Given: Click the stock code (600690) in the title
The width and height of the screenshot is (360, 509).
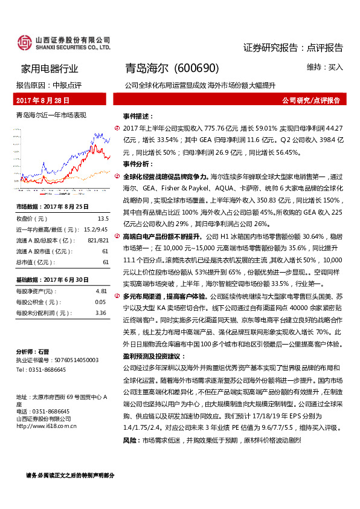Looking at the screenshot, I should click(x=196, y=69).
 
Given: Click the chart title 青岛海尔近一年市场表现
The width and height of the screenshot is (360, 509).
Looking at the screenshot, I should click(x=51, y=114).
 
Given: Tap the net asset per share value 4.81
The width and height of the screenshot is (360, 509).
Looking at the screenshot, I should click(x=101, y=291).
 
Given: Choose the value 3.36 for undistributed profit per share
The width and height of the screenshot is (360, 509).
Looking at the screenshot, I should click(x=101, y=313).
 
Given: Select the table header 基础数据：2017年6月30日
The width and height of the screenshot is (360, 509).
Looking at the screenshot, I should click(x=53, y=280).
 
